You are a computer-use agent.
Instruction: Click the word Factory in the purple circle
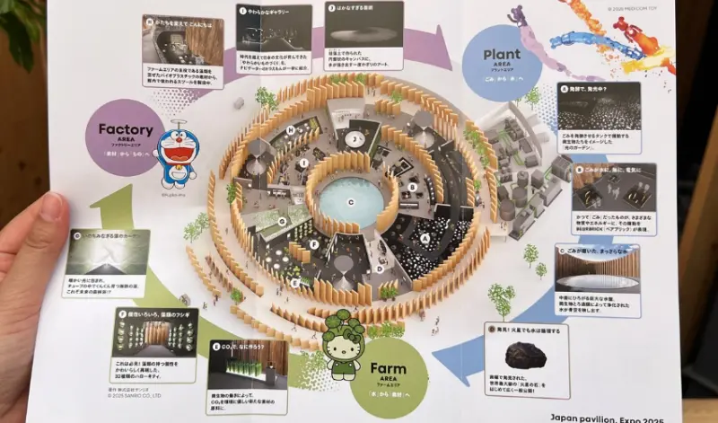[125, 128]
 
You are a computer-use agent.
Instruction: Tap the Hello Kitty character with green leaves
[343, 342]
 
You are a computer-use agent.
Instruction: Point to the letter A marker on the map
[425, 239]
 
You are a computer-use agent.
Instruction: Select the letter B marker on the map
[411, 187]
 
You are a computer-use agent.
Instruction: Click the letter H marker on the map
[292, 131]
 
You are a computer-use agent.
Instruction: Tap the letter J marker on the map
[356, 139]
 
